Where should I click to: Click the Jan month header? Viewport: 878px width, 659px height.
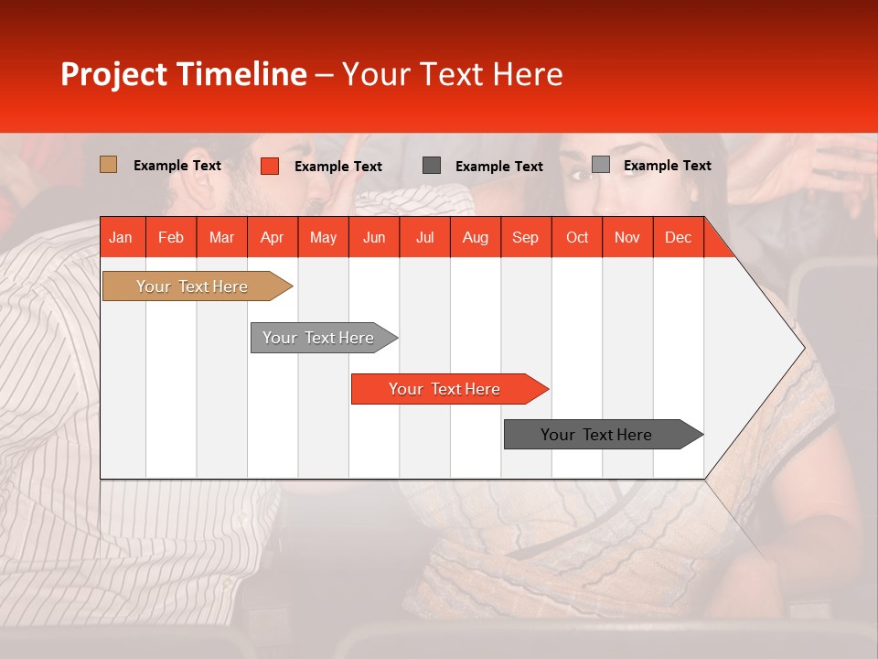point(121,237)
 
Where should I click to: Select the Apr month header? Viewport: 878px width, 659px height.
point(272,237)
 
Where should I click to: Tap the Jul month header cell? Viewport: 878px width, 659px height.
point(424,237)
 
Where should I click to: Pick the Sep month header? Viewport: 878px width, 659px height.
point(525,237)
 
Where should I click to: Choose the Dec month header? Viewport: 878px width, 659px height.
point(678,237)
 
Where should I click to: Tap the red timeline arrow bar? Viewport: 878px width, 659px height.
point(445,389)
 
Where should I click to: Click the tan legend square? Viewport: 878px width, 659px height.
point(108,165)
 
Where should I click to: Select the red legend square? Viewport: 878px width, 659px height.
point(269,166)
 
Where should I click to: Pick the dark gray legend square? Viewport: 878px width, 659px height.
point(432,166)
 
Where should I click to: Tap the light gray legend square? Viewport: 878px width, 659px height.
point(600,165)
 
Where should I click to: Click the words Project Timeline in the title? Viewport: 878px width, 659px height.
point(183,74)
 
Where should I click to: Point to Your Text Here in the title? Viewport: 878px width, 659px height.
point(452,74)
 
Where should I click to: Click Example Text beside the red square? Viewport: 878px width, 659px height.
point(337,167)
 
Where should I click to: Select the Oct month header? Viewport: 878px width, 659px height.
point(577,237)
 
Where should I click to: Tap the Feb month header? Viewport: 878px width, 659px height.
point(171,237)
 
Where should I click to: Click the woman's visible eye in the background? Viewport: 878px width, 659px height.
point(580,175)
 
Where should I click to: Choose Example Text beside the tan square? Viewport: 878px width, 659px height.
point(177,166)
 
